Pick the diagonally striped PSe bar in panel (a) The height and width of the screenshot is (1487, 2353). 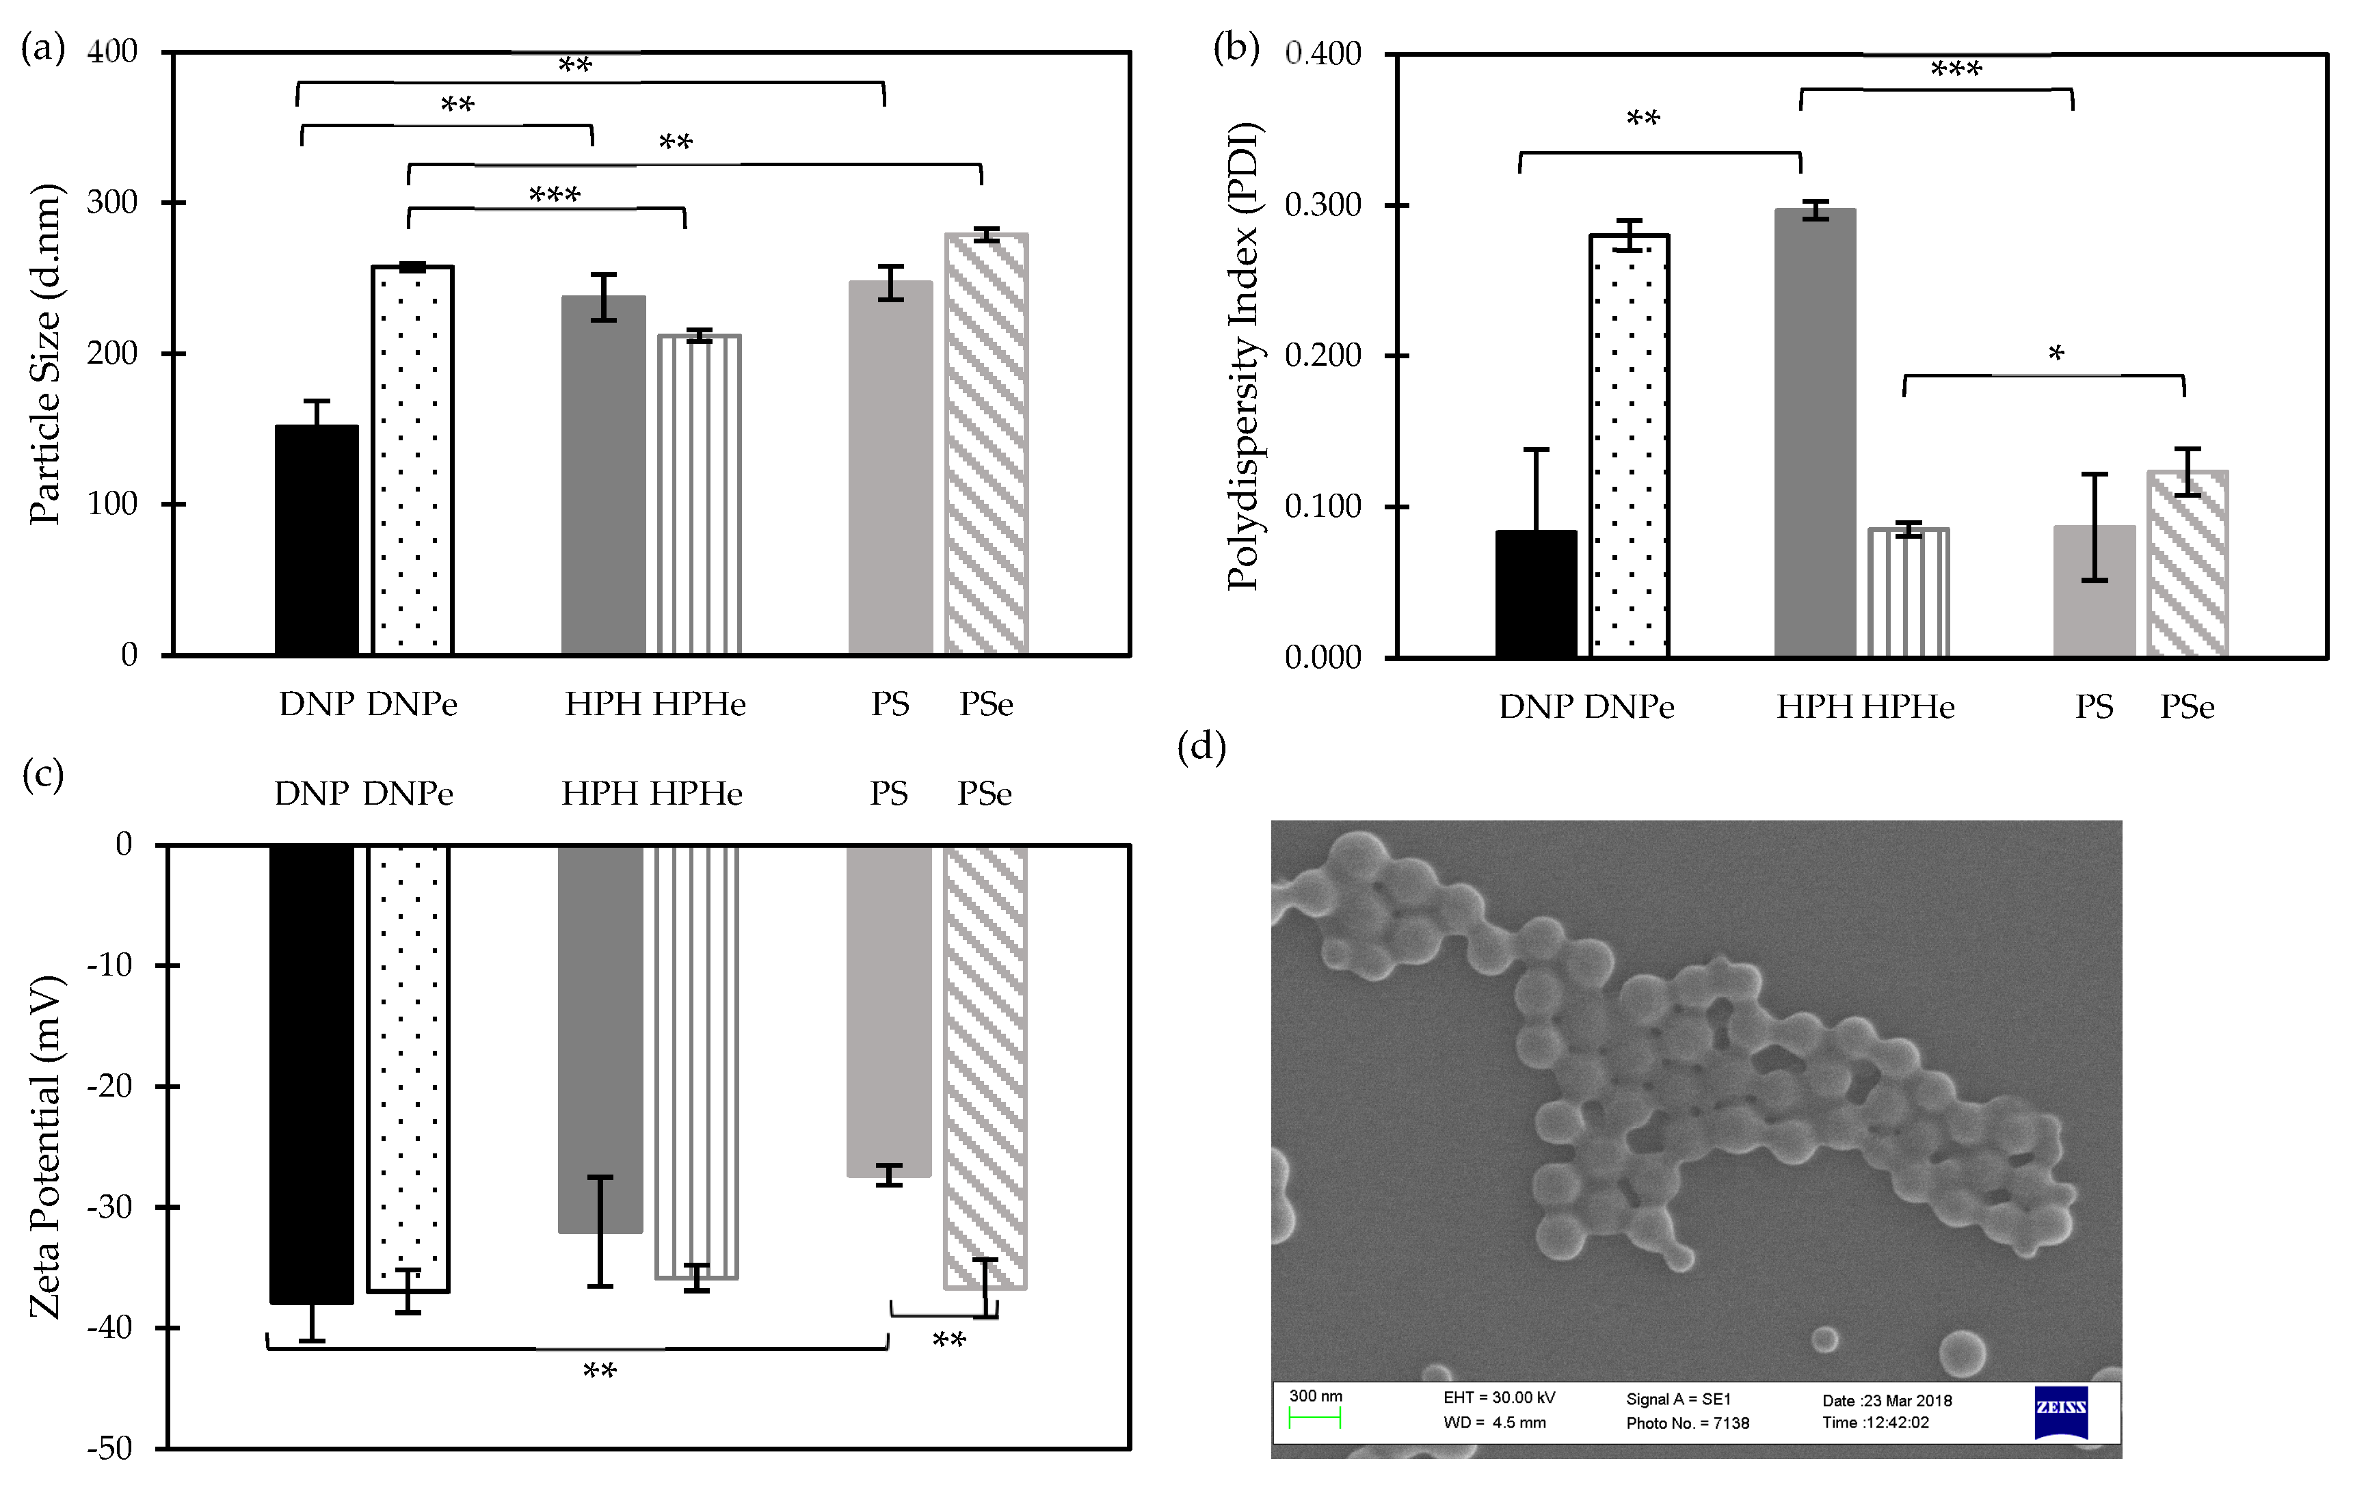(x=986, y=444)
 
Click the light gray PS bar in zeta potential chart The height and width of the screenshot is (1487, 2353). (x=888, y=1011)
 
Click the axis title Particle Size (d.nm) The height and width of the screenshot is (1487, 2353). (x=45, y=353)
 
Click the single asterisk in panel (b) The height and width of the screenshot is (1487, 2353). (x=2056, y=353)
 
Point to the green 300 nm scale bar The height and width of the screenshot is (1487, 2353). (x=1314, y=1419)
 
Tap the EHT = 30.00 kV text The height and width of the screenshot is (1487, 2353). (x=1499, y=1397)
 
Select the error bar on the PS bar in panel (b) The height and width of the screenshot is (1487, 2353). (x=2094, y=528)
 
